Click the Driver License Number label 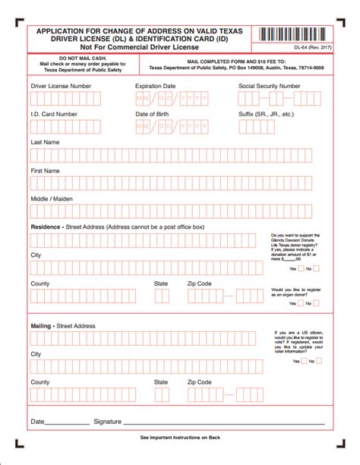pos(61,86)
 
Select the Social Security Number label pos(269,86)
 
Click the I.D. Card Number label pos(54,114)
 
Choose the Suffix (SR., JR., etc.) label pos(266,114)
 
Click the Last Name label pos(46,142)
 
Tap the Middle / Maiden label pos(52,198)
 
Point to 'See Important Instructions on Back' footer pos(180,438)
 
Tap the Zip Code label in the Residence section pos(200,283)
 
